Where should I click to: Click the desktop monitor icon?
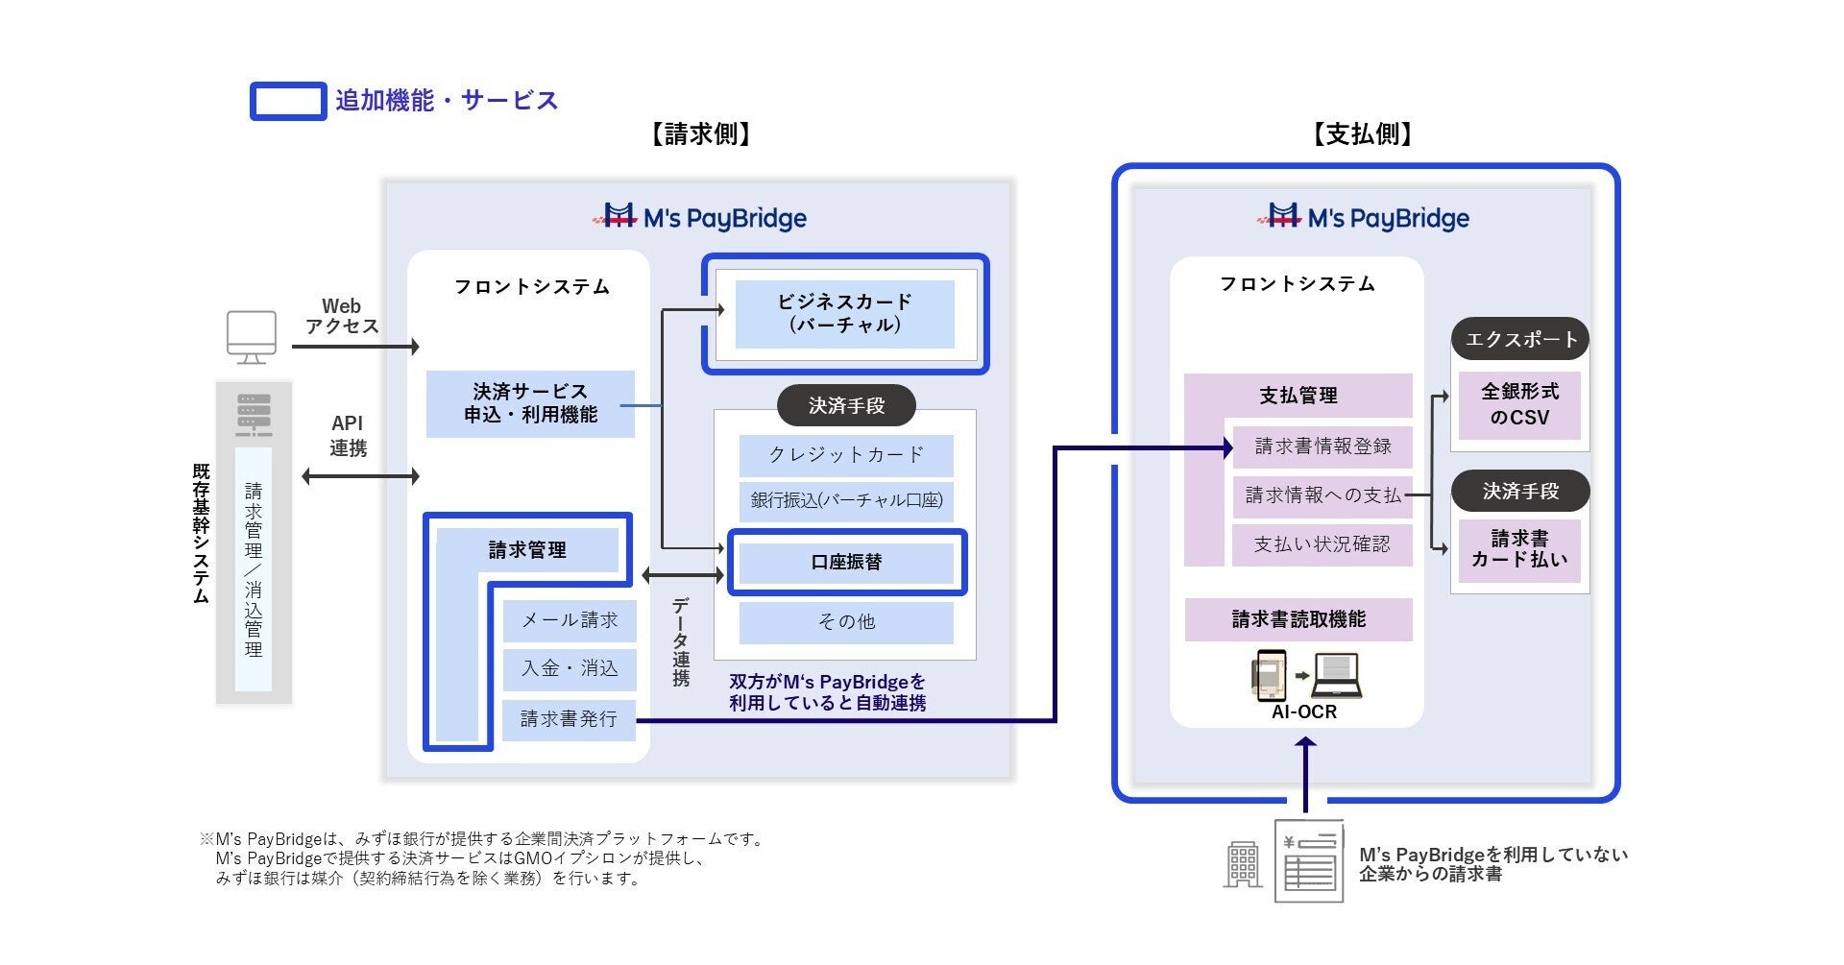point(252,337)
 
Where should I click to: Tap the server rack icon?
point(254,415)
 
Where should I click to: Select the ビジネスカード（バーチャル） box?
point(845,314)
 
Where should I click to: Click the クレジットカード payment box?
point(846,455)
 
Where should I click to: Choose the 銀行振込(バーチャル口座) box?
point(846,500)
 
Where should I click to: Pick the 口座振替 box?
point(846,563)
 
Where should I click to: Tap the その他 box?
point(846,622)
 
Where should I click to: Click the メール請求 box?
point(570,621)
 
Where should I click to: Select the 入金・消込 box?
point(570,669)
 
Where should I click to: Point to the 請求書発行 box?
point(570,719)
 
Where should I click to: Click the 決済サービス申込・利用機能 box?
point(530,404)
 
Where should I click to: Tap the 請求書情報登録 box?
point(1322,446)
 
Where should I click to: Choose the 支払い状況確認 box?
point(1322,544)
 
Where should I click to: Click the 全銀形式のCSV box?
point(1519,405)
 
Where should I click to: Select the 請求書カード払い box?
point(1519,549)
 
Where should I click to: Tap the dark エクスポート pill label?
point(1520,339)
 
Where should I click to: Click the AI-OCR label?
point(1304,712)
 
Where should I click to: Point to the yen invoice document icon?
point(1309,861)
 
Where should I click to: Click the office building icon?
point(1243,864)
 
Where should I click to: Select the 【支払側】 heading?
point(1363,134)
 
